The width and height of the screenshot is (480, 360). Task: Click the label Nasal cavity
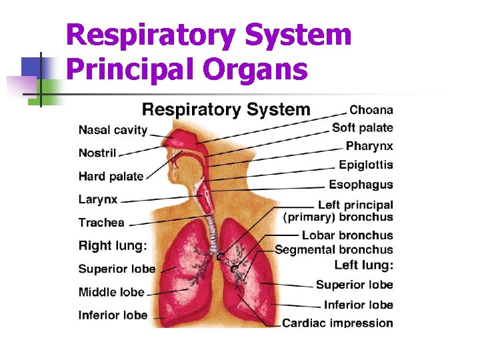tap(113, 130)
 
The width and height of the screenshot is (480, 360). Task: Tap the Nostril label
tap(97, 153)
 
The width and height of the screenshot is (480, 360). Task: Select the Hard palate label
tap(111, 176)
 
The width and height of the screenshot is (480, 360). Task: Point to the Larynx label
tap(98, 199)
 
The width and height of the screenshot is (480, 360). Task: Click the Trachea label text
tap(101, 223)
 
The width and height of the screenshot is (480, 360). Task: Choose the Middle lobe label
tap(111, 292)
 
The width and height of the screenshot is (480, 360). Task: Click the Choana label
tap(371, 110)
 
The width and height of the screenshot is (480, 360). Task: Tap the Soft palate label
tap(363, 127)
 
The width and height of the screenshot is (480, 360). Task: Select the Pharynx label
tap(369, 146)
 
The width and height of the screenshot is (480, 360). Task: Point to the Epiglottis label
tap(366, 165)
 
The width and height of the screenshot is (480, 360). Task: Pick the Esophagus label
tap(361, 185)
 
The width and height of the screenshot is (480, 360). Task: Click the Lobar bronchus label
tap(347, 235)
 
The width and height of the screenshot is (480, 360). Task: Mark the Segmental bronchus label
tap(334, 250)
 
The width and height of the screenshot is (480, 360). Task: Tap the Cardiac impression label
tap(337, 323)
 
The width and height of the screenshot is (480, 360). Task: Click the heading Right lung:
tap(113, 245)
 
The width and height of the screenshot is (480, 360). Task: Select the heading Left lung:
tap(364, 265)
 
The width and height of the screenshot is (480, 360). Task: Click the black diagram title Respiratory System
tap(227, 109)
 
